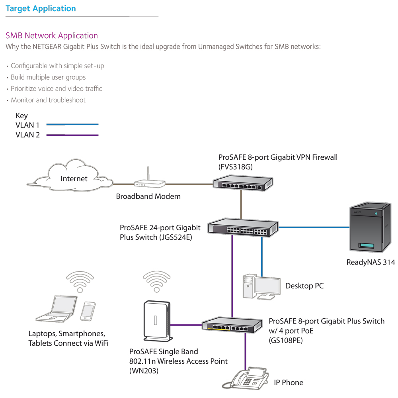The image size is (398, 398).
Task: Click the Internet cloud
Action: tap(74, 178)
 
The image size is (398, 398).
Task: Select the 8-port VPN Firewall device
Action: tap(242, 183)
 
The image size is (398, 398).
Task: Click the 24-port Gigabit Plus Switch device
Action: tap(243, 228)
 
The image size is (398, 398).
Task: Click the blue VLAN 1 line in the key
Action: tap(72, 125)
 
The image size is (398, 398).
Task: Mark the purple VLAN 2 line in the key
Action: tap(72, 135)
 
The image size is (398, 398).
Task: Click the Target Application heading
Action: tap(41, 8)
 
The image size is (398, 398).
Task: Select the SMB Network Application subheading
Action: tap(52, 35)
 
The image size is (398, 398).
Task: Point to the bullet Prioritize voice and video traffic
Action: tap(56, 88)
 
